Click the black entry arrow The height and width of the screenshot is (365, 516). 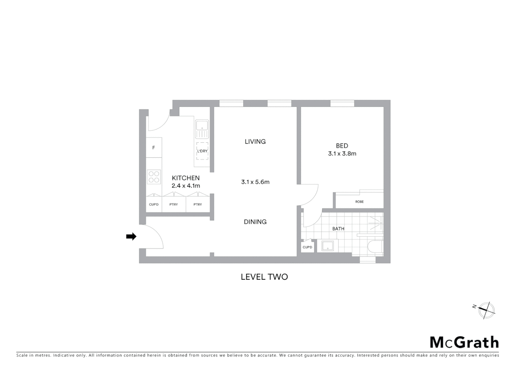tap(131, 237)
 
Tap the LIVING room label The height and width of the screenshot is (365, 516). tap(255, 142)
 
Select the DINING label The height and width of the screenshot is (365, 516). tap(255, 222)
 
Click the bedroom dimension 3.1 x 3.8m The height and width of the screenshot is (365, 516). tap(342, 153)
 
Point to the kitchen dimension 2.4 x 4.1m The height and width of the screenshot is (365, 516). tap(186, 186)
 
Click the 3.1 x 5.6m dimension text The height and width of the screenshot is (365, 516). tap(255, 182)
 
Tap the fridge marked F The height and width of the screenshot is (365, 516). tap(154, 148)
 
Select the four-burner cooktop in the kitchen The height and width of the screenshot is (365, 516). tap(154, 177)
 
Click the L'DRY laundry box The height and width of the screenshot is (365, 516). tap(202, 151)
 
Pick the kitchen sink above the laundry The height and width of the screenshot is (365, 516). tap(202, 128)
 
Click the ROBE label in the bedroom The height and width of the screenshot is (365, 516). tap(359, 202)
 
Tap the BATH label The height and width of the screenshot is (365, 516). tap(338, 229)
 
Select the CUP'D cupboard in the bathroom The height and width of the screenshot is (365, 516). tap(307, 247)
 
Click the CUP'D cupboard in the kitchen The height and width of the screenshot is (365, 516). tap(154, 204)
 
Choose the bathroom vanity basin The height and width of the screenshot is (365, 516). tap(328, 246)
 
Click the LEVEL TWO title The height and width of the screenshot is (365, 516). tap(264, 277)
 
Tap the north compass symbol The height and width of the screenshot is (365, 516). tap(486, 310)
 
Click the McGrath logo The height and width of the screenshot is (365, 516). tap(464, 342)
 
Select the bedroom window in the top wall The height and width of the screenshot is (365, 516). tap(342, 103)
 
